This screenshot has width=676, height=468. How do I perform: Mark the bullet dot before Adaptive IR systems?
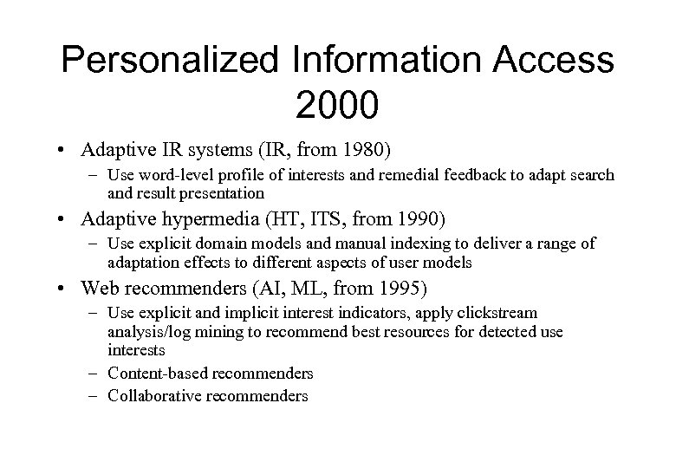(67, 149)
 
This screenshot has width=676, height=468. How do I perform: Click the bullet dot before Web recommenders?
(67, 286)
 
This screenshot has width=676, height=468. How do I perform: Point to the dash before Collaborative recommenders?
(95, 395)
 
